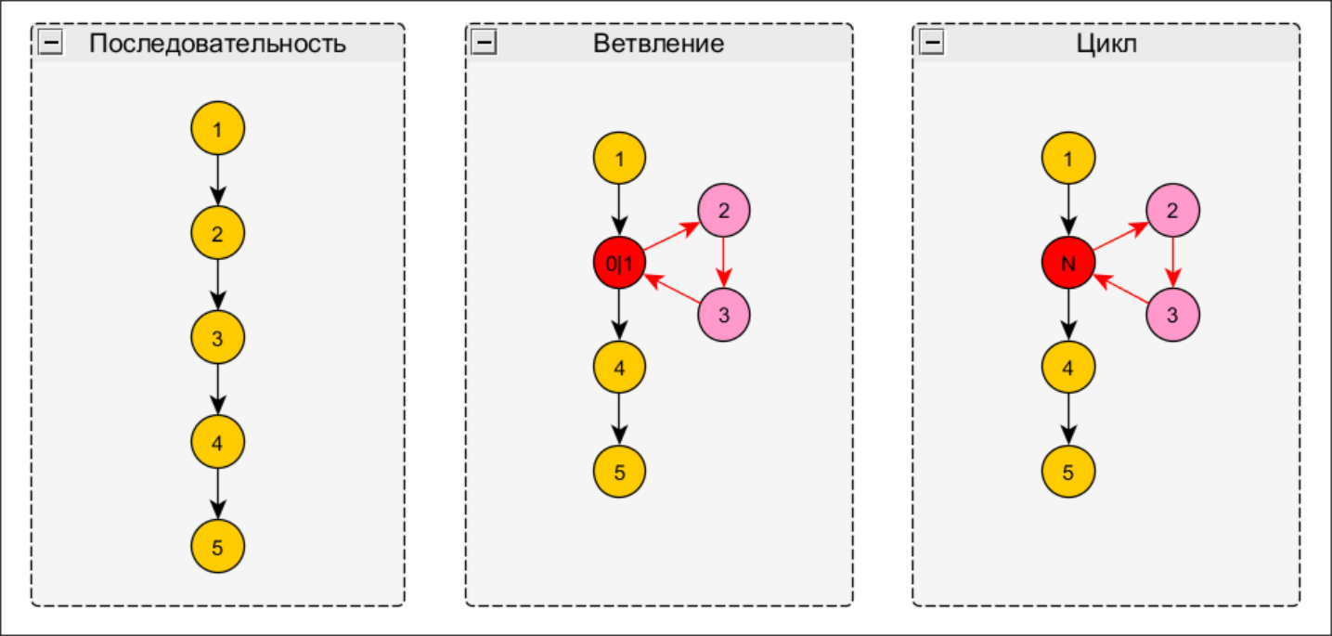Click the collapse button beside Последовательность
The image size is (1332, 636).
[50, 43]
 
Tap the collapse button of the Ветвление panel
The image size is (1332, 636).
[485, 43]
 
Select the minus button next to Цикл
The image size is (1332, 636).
[931, 43]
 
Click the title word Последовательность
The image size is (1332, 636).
[217, 44]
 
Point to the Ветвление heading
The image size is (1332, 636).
[658, 44]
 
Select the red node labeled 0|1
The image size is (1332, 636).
[619, 264]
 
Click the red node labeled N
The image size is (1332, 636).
[1068, 264]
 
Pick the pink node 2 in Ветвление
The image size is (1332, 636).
[724, 211]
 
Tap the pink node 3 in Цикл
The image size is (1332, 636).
[1172, 315]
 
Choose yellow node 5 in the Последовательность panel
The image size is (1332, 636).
[217, 546]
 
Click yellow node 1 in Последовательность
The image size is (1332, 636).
[217, 128]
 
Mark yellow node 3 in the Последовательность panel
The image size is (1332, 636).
[217, 337]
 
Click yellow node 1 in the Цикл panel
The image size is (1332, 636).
[1068, 159]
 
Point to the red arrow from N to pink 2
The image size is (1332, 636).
[1120, 237]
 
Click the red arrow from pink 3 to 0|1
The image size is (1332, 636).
[672, 290]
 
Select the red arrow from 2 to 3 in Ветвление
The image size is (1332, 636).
[724, 263]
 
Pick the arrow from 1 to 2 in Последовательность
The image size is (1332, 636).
[217, 180]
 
